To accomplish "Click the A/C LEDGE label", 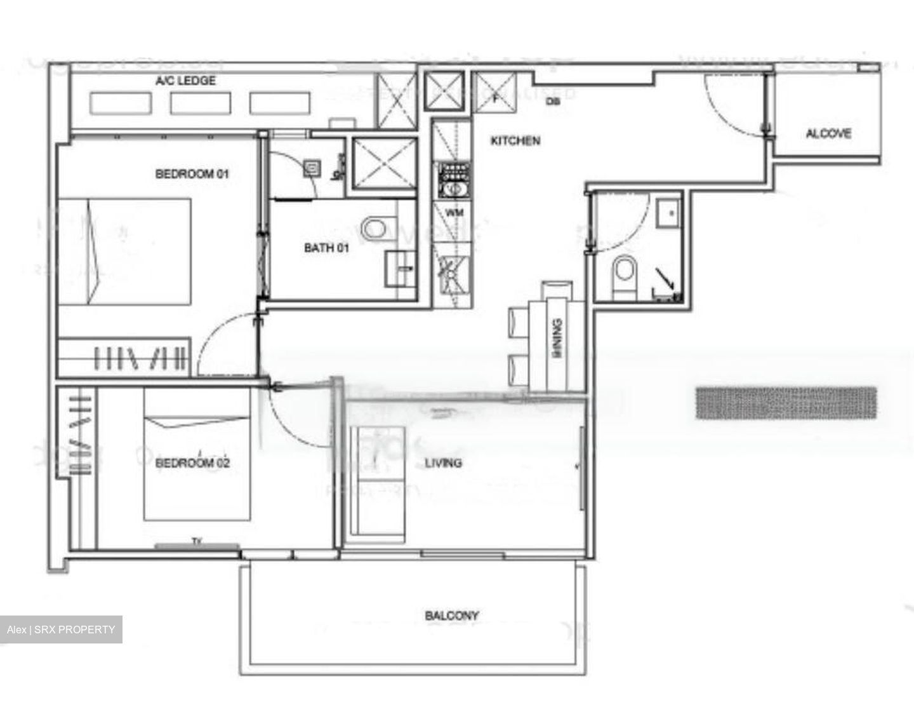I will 185,81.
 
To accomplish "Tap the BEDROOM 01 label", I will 192,173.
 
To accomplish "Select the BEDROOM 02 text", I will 192,462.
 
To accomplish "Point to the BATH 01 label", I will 326,248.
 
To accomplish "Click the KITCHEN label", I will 515,140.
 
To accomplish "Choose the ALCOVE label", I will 828,133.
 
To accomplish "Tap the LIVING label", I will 443,462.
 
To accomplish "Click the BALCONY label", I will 452,615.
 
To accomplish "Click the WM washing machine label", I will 454,213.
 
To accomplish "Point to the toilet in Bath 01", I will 374,229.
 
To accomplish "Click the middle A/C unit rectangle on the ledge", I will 201,103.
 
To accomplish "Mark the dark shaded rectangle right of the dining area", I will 786,403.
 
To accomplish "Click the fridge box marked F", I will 495,93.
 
